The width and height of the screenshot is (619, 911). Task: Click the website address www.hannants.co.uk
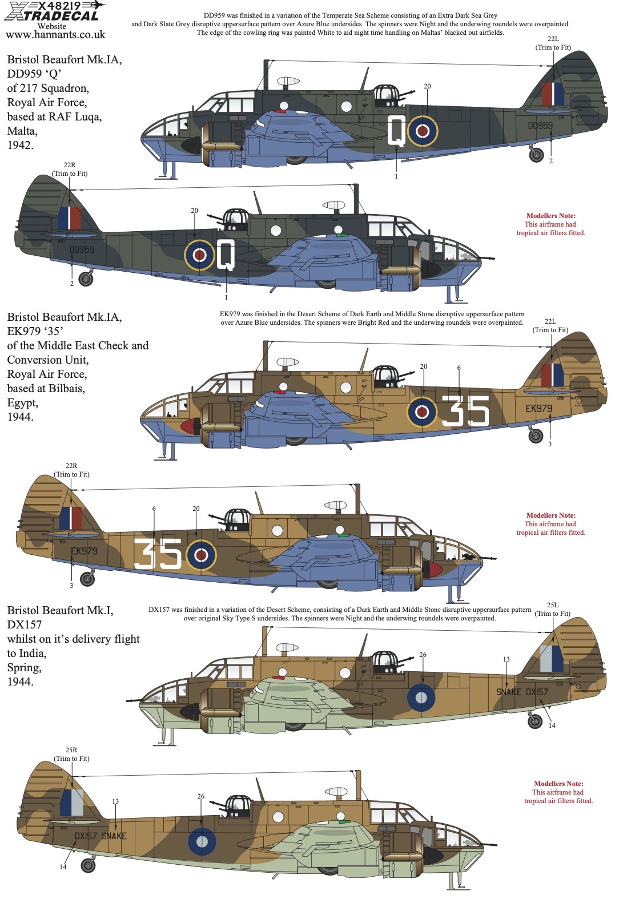(x=55, y=35)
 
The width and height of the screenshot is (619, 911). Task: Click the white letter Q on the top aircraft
(x=396, y=130)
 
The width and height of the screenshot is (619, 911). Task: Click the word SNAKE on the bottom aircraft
(x=114, y=836)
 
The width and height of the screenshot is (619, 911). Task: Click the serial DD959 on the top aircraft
(x=540, y=126)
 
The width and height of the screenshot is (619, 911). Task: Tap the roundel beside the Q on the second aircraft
(x=199, y=255)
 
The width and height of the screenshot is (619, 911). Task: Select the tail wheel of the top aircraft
(x=536, y=155)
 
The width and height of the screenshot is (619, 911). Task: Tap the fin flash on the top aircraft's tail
(x=552, y=94)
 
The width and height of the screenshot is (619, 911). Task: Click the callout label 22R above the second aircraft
(x=70, y=165)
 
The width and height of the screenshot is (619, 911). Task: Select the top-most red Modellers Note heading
(x=550, y=216)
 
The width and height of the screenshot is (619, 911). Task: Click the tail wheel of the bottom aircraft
(x=88, y=865)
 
